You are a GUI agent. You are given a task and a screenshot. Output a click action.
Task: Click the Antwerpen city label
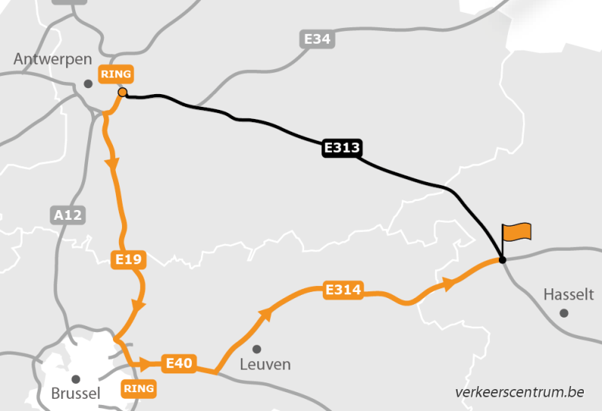[x=53, y=59]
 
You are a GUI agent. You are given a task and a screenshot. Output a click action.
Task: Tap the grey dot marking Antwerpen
[x=88, y=84]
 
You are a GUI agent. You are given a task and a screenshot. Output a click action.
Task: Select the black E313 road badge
[x=342, y=148]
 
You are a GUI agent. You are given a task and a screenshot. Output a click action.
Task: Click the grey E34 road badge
[x=318, y=39]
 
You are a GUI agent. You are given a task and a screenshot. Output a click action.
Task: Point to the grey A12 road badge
[x=68, y=215]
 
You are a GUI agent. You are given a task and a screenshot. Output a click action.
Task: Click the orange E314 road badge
[x=343, y=290]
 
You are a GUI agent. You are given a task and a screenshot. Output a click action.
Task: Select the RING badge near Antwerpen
[x=117, y=75]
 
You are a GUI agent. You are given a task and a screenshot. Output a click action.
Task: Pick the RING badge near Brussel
[x=138, y=388]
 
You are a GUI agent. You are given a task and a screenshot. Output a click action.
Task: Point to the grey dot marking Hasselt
[x=564, y=312]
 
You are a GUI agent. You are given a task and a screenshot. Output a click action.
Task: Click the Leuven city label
[x=264, y=364]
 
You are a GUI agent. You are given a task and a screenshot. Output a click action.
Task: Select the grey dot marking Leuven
[x=257, y=349]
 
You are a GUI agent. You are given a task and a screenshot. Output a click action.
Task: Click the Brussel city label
[x=75, y=394]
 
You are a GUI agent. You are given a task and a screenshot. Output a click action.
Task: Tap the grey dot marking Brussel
[x=75, y=379]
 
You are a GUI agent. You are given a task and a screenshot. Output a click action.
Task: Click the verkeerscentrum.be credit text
[x=519, y=391]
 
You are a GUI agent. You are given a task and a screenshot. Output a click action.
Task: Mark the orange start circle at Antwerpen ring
[x=122, y=93]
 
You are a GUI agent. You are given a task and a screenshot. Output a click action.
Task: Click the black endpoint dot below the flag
[x=502, y=260]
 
